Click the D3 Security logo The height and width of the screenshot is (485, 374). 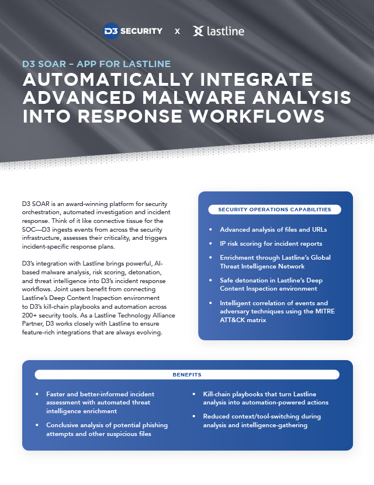coord(133,31)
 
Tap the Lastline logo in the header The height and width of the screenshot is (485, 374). coord(219,31)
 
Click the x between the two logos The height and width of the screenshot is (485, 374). coord(177,32)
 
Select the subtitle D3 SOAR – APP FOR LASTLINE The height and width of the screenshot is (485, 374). coord(96,64)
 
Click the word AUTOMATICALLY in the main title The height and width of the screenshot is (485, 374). coord(108,79)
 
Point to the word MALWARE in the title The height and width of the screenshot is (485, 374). coord(195,97)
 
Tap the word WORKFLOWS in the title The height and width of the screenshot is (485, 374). coord(257,116)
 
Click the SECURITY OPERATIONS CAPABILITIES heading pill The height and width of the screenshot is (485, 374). coord(275,210)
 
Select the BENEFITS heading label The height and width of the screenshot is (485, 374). coord(187,375)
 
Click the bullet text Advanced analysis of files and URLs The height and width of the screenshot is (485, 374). coord(273,229)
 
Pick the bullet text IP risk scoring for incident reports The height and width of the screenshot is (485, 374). coord(271,243)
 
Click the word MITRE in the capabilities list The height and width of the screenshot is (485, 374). coord(325,311)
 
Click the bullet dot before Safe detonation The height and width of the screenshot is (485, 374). coord(211,280)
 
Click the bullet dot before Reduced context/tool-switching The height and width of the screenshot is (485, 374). coord(194,416)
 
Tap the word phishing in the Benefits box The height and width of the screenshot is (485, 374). coord(153,425)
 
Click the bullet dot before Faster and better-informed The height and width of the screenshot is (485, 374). coord(37,394)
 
